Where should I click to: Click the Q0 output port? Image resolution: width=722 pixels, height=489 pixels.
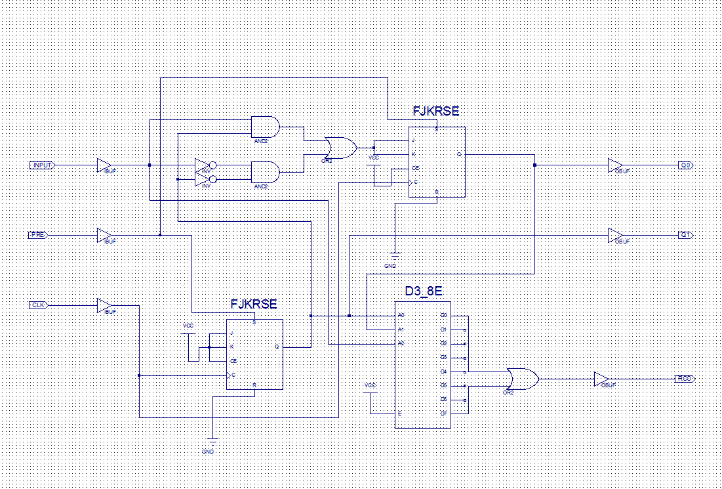click(x=685, y=165)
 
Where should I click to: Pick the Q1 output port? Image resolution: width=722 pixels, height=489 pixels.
click(x=685, y=235)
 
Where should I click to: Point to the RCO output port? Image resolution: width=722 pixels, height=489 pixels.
click(x=684, y=379)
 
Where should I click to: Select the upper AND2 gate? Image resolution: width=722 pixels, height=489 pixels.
click(x=265, y=127)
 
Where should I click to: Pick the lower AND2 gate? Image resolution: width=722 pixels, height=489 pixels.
click(x=265, y=172)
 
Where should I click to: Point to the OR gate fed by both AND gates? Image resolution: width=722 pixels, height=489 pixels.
click(x=340, y=148)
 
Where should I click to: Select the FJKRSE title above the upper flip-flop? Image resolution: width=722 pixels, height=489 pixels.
click(x=436, y=112)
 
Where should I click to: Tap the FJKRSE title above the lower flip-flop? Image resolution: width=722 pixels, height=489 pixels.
click(x=254, y=305)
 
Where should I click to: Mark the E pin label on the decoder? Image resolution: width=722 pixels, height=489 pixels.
click(x=399, y=414)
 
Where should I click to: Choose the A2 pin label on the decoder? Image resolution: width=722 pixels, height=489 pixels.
click(x=401, y=343)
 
